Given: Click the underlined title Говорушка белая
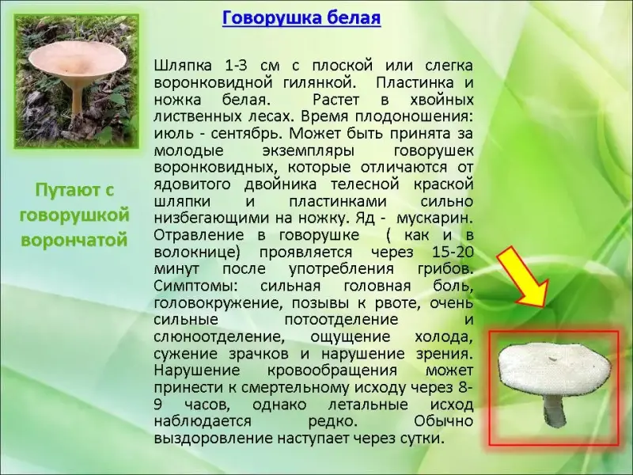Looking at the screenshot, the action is pos(301,18).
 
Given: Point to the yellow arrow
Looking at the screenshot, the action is pos(522,278).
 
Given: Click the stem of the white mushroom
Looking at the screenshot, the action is pos(553,409).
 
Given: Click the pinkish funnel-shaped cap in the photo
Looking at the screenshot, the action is pos(78,59).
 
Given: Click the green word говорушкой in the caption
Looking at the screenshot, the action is pos(74,215).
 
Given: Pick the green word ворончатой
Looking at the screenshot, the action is pos(74,240).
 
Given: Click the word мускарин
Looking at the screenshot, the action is pos(434,218).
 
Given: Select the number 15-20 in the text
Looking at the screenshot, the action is pos(452,252).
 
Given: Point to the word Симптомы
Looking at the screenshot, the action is pos(196,286).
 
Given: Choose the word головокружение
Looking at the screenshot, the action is pos(216,303).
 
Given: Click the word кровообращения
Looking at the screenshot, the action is pos(332,370).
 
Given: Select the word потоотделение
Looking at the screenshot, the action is pos(342,320).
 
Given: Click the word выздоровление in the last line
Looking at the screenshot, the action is pos(213,439).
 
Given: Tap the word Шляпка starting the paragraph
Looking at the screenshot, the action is pos(183,66).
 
